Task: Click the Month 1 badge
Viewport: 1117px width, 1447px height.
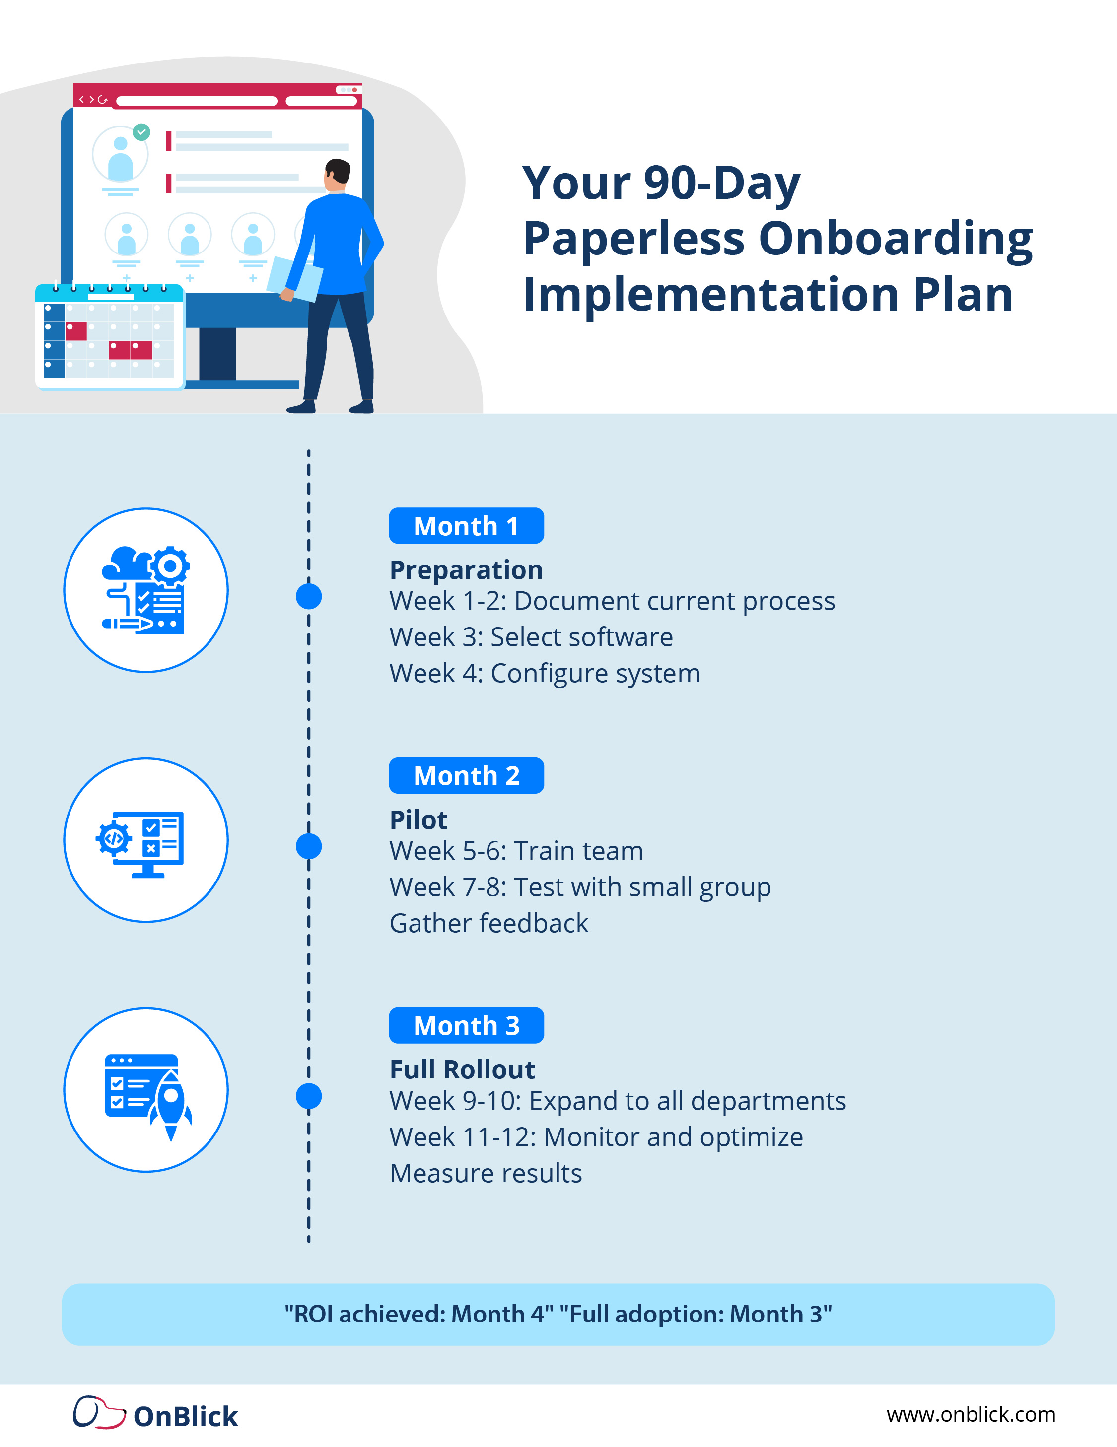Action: click(x=466, y=526)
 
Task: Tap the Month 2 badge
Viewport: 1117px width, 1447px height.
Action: click(x=466, y=776)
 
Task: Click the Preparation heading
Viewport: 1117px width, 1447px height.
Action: click(x=466, y=570)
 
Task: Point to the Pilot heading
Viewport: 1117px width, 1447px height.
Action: click(x=419, y=819)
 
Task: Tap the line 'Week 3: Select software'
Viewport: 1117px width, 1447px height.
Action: click(x=531, y=637)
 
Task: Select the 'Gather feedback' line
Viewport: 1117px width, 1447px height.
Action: click(x=489, y=923)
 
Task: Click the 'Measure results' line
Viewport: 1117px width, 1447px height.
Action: click(x=485, y=1173)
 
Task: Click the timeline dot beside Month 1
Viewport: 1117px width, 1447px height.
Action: click(x=309, y=596)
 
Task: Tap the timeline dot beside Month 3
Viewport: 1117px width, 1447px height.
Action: click(x=309, y=1096)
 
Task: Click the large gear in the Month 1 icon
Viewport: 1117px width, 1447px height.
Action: click(x=170, y=566)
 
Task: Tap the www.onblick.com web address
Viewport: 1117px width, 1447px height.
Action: click(x=971, y=1415)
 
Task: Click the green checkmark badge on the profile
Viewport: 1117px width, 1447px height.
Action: click(x=141, y=132)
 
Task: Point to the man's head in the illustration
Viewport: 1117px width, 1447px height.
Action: click(x=338, y=174)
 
